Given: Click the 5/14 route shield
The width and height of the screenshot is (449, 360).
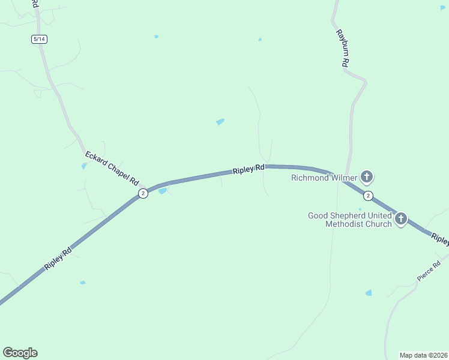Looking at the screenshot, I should (39, 39).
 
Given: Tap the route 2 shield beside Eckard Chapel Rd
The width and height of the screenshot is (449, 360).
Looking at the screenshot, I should (143, 193).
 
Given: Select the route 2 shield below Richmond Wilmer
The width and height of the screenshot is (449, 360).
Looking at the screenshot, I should (369, 196).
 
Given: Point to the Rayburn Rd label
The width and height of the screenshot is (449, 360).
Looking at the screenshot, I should (342, 47).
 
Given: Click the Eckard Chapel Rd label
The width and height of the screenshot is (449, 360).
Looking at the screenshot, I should (112, 168).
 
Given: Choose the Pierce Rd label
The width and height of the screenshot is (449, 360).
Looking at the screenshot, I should (429, 271).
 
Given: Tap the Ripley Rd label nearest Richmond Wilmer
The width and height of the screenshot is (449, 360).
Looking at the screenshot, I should (249, 169).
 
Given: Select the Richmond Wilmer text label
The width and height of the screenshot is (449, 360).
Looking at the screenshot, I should (324, 178).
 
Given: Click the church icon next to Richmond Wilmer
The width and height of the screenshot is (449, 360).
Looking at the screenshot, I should (367, 177).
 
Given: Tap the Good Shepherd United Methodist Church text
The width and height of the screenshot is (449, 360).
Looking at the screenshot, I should (350, 220).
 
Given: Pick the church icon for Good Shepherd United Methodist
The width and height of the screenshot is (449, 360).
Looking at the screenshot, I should (400, 219).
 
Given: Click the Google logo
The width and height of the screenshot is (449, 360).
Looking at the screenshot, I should (20, 353).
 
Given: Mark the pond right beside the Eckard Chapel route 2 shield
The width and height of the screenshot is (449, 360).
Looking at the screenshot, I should (162, 191).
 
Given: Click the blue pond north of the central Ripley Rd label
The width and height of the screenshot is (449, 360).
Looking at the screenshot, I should (220, 122).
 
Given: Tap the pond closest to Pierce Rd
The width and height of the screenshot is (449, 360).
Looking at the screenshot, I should (368, 293).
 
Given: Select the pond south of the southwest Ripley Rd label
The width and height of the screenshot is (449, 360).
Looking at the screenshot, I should (83, 283).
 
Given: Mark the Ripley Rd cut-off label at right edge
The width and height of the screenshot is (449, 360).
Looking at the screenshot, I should (440, 239).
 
